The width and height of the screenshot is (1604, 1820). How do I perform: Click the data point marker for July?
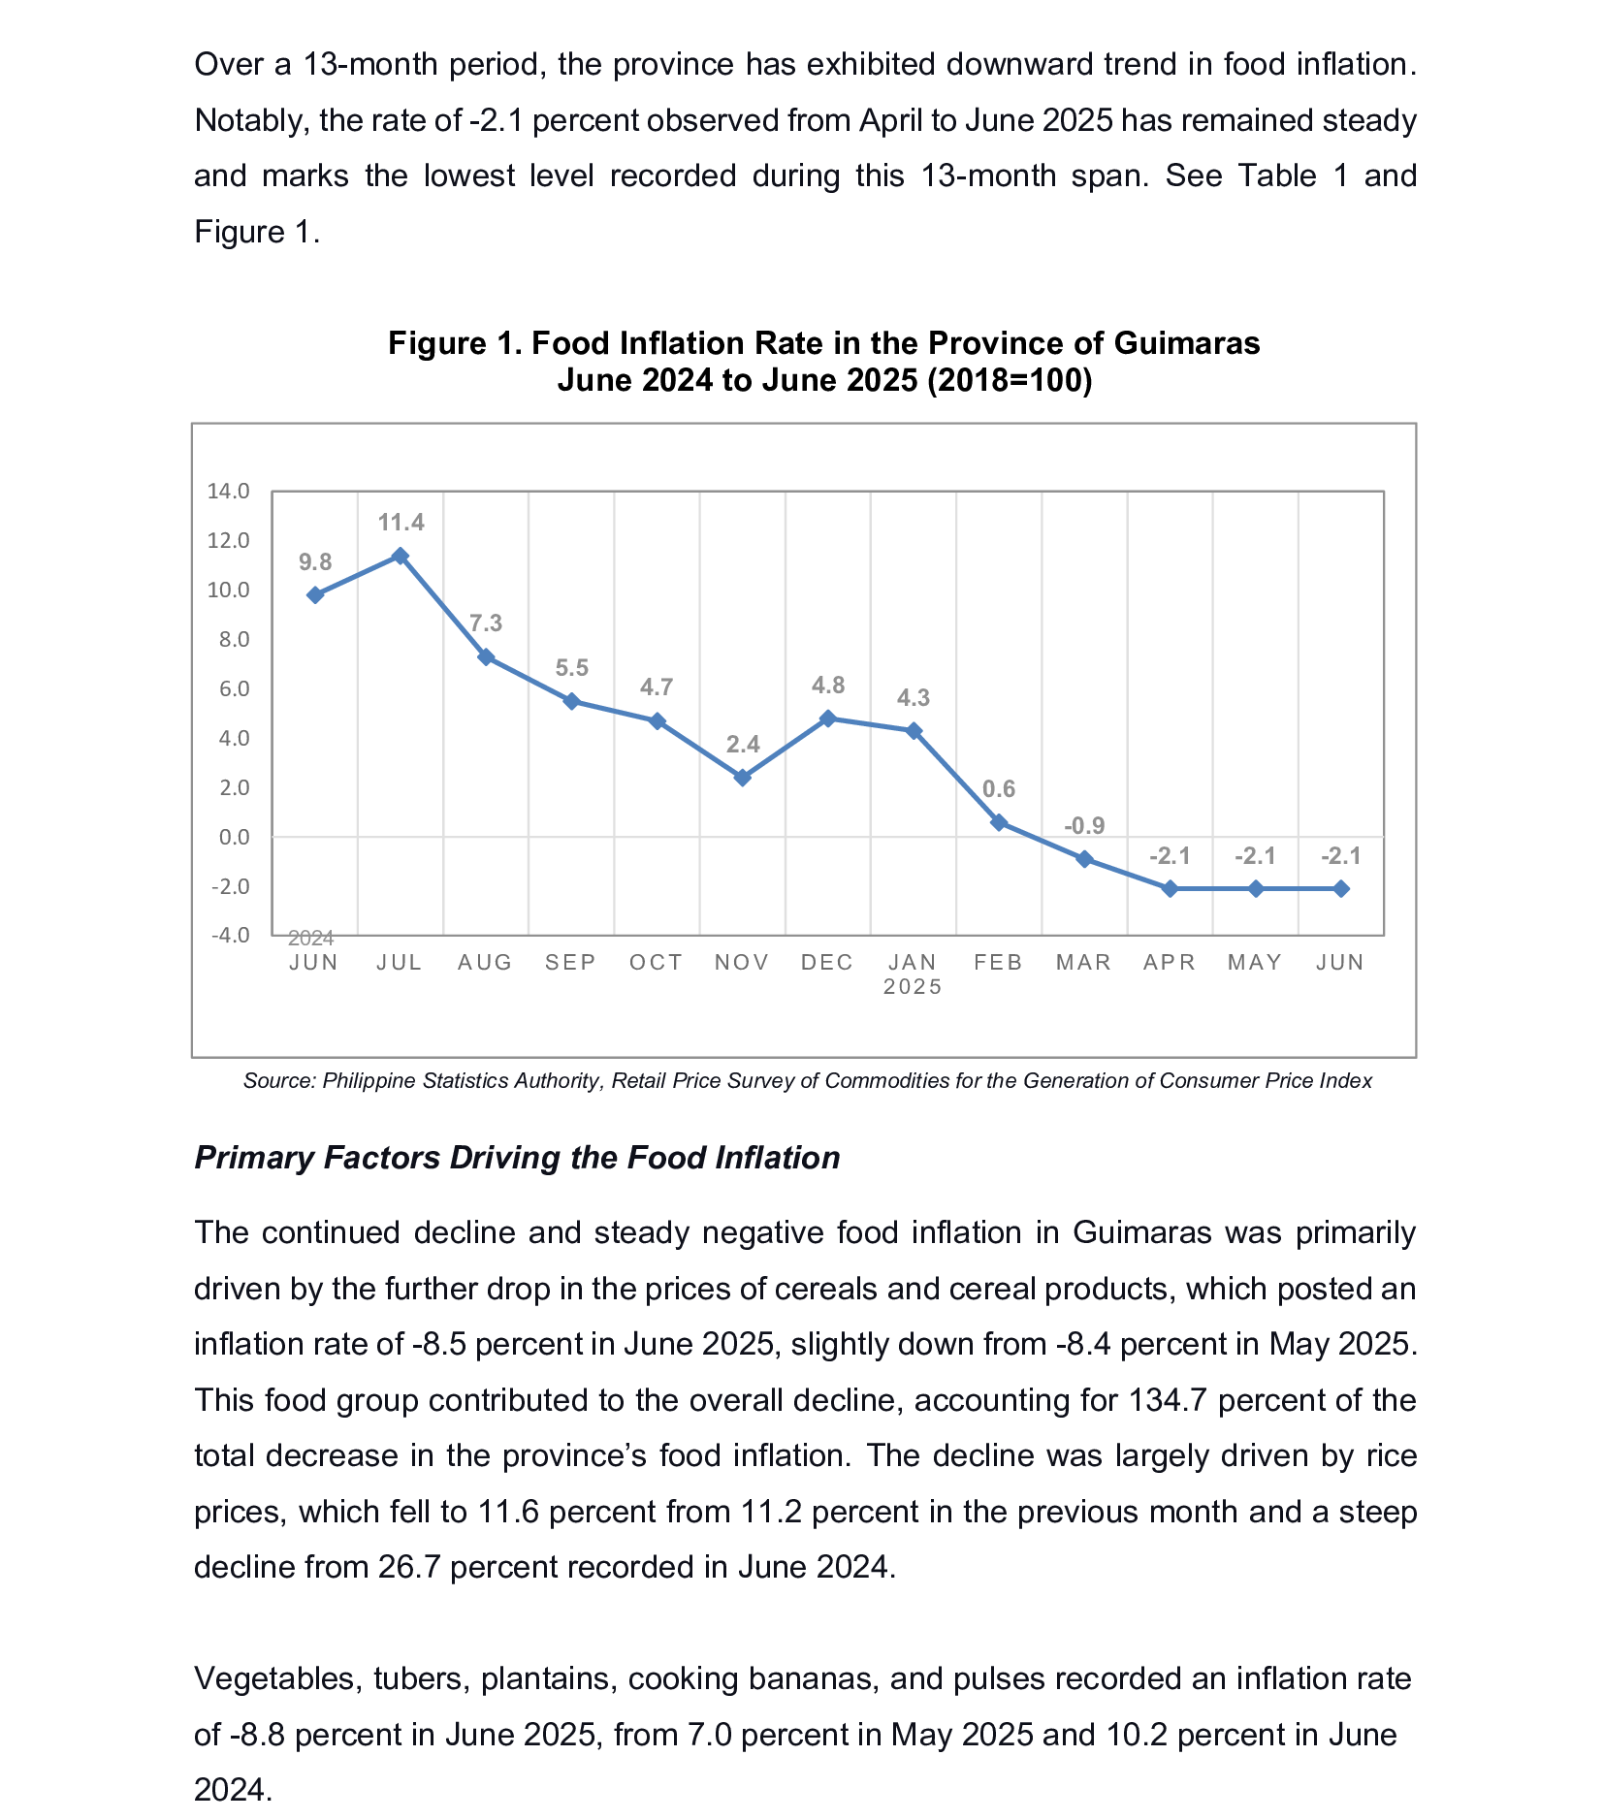pyautogui.click(x=400, y=556)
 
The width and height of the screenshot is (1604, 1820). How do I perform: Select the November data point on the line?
pyautogui.click(x=742, y=778)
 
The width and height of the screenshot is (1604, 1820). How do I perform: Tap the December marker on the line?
pyautogui.click(x=827, y=718)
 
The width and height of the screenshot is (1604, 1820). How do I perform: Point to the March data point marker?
pyautogui.click(x=1084, y=859)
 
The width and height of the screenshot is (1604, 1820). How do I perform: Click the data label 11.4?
pyautogui.click(x=401, y=524)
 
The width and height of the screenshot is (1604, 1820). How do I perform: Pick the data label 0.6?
pyautogui.click(x=999, y=789)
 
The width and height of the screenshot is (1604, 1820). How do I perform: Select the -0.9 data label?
pyautogui.click(x=1084, y=826)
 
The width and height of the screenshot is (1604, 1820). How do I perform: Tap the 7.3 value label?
pyautogui.click(x=486, y=623)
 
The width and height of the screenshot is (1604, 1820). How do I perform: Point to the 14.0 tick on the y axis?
pyautogui.click(x=228, y=491)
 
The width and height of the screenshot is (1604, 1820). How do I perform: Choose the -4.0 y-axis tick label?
pyautogui.click(x=230, y=935)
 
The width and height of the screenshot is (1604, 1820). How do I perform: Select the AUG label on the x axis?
pyautogui.click(x=485, y=962)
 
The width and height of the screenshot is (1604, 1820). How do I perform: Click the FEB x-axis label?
pyautogui.click(x=999, y=962)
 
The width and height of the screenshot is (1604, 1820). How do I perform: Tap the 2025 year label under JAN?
pyautogui.click(x=913, y=986)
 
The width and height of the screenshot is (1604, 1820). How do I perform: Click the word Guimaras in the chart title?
pyautogui.click(x=1187, y=343)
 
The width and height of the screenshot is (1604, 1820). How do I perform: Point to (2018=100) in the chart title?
pyautogui.click(x=1010, y=380)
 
